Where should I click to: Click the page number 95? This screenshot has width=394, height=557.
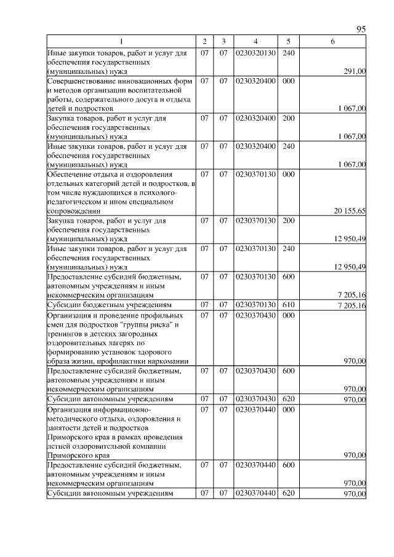[361, 30]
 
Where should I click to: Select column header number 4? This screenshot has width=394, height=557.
[255, 42]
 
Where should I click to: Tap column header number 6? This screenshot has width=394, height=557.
[332, 42]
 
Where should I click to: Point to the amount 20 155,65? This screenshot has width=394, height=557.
[350, 210]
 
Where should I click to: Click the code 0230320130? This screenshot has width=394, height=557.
[255, 53]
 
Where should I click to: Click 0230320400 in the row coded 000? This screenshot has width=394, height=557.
[255, 81]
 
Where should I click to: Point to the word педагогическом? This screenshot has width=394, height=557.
[75, 201]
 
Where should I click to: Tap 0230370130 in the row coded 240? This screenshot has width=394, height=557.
[255, 249]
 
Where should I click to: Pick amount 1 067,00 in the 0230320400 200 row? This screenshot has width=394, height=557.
[352, 136]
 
